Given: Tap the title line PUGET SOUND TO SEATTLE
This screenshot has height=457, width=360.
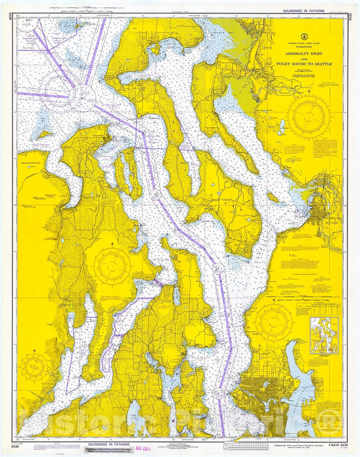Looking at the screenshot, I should [304, 64].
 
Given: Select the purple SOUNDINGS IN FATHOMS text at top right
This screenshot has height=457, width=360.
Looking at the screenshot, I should [303, 11].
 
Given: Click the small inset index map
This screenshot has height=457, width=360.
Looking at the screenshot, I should [324, 335].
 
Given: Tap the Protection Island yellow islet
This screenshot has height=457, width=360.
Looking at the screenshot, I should [45, 134].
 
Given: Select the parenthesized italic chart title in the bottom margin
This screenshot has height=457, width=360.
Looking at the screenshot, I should [293, 445].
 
